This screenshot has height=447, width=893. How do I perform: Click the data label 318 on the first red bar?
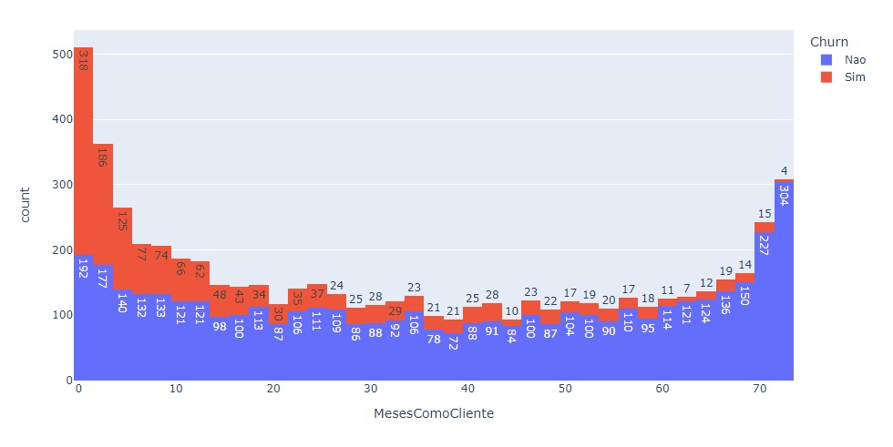83,61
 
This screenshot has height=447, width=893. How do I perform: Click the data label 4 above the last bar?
784,170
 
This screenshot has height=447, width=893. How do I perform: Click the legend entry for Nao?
844,59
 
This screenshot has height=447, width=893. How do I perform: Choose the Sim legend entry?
844,78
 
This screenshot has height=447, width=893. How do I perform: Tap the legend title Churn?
829,41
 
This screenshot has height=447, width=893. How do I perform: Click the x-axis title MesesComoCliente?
434,413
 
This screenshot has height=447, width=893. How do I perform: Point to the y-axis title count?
26,204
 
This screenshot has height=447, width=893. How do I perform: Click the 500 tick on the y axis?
60,54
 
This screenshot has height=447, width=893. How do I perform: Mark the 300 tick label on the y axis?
60,184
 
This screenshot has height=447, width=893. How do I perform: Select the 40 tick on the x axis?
467,389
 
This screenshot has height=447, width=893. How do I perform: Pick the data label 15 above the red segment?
765,214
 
